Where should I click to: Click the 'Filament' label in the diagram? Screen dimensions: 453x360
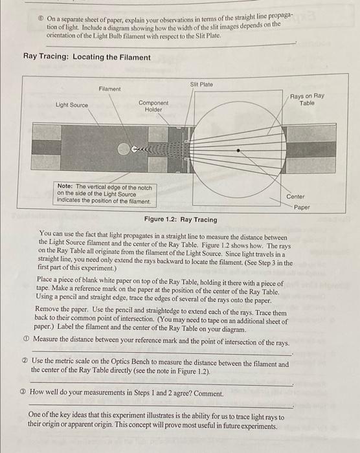click(x=109, y=89)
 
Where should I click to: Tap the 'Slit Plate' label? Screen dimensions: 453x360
click(x=201, y=84)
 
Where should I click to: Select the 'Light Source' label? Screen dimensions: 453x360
click(x=72, y=105)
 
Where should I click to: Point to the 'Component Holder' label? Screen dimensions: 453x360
click(x=153, y=106)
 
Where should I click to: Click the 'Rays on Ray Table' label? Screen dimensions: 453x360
click(x=307, y=99)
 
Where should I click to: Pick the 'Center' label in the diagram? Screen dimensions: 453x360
click(x=295, y=196)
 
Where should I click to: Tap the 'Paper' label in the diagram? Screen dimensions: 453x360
click(x=302, y=208)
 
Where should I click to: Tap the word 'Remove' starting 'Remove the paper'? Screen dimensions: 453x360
click(x=49, y=311)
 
